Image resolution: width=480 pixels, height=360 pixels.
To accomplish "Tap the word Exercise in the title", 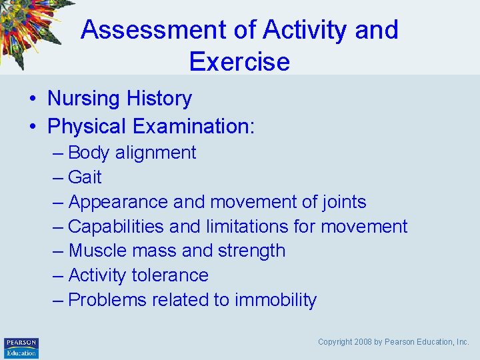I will [239, 61].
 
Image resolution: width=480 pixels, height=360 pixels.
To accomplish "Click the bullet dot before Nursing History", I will [32, 99].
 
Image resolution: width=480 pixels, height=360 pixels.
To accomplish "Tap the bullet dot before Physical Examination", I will [32, 127].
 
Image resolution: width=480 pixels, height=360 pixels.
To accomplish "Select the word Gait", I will [85, 177].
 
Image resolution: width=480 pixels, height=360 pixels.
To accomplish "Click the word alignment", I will [155, 153].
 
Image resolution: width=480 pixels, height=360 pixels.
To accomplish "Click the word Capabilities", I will [116, 227].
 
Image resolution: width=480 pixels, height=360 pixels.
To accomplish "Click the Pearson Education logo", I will [21, 347].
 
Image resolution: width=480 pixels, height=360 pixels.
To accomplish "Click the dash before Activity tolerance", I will [58, 275].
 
